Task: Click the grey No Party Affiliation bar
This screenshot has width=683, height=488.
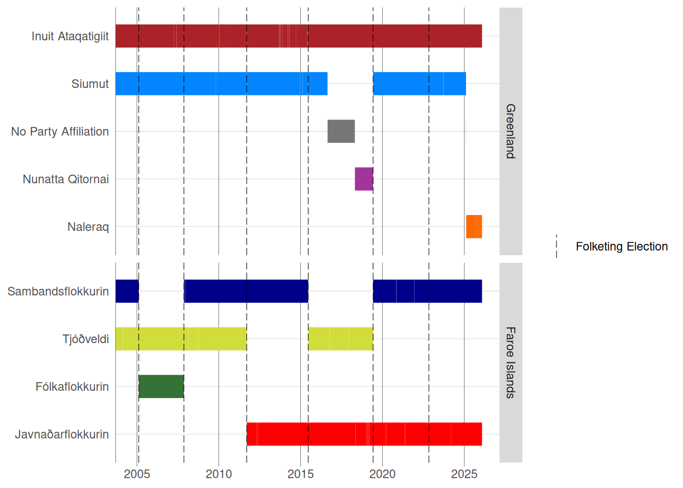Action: click(341, 131)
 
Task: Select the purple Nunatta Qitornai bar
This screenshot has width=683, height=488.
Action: click(364, 179)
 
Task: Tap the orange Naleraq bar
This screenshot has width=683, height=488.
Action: click(474, 227)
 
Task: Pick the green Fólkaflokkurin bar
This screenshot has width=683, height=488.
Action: click(161, 386)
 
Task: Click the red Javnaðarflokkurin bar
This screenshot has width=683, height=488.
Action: click(364, 434)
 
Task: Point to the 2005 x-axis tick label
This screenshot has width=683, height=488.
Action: click(137, 474)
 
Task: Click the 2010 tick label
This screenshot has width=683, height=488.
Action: click(219, 474)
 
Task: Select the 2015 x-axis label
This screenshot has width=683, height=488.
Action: click(301, 474)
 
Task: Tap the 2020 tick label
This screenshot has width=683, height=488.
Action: click(383, 474)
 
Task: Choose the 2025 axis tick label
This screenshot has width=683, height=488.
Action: click(464, 474)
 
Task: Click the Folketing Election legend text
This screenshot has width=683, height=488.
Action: click(622, 247)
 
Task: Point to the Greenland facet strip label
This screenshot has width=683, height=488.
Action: click(511, 131)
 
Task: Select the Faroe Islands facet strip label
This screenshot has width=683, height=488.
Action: click(511, 362)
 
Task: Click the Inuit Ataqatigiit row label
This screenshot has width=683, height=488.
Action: click(70, 36)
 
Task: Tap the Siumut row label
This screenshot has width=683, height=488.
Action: click(90, 84)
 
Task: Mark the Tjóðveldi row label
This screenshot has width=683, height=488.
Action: click(85, 339)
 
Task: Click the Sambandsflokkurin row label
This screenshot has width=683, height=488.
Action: click(58, 291)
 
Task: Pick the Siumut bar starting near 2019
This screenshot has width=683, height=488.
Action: click(419, 84)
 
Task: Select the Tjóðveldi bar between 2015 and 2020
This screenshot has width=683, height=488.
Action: click(340, 339)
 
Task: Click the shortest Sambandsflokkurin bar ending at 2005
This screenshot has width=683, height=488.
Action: click(127, 291)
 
